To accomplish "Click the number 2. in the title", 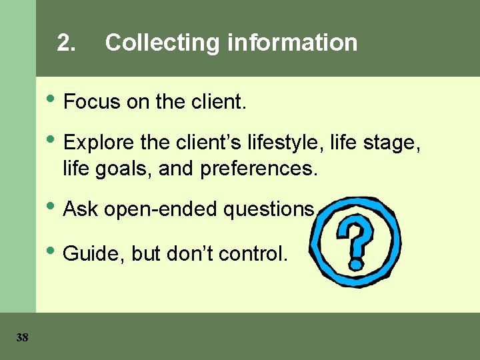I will [66, 43].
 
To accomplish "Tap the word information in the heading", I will [293, 43].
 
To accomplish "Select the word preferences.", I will [257, 169].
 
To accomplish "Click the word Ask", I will [81, 209].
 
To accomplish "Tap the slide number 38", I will [22, 338].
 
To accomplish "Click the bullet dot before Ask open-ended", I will [53, 207].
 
